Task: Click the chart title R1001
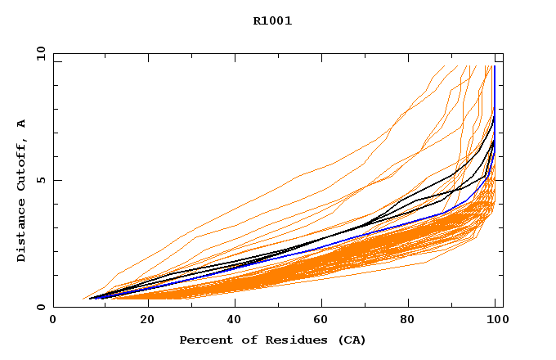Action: tap(272, 21)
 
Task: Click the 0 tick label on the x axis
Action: tap(54, 321)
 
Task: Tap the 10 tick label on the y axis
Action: tap(40, 55)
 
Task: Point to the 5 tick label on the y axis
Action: tap(43, 181)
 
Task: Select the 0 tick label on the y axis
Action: tap(43, 307)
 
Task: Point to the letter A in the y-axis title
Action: tap(21, 124)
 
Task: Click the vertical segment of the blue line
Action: tap(495, 115)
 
